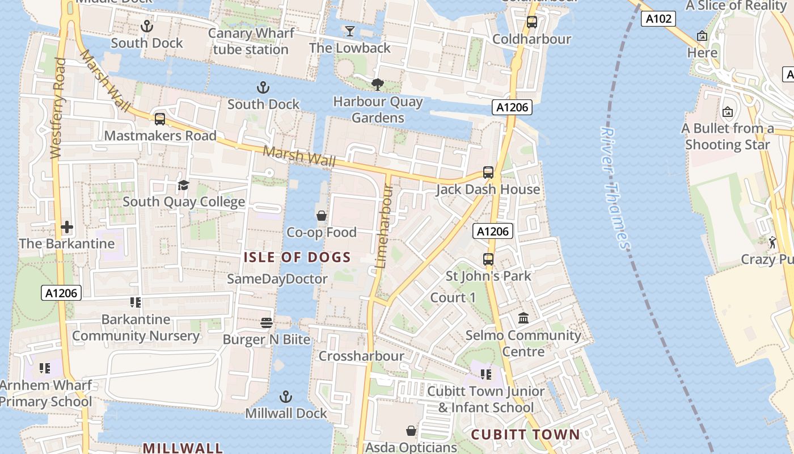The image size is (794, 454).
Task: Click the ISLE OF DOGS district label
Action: coord(297,257)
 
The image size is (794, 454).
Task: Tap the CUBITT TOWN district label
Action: coord(525,435)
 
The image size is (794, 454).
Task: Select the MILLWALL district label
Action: coord(183,448)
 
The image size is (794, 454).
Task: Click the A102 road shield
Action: coord(658,19)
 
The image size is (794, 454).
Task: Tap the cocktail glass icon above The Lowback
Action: coord(350,31)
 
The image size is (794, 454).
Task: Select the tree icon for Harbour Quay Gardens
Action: coord(378,85)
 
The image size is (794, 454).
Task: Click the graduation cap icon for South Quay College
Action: coord(183,186)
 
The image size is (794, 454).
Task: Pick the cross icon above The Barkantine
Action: coord(67,227)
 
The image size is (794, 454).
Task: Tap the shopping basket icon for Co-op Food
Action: coord(322,216)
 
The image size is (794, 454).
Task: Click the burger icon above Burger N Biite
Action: coord(267,323)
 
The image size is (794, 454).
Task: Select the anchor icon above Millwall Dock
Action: coord(286,396)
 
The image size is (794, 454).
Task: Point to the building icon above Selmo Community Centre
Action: coord(523,318)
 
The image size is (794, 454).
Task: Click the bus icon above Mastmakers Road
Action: coord(160,119)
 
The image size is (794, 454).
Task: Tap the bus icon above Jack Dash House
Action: coord(488,173)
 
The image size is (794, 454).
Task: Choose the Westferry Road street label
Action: coord(58,108)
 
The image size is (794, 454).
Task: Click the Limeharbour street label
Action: coord(384,226)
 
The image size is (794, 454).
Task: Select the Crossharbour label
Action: coord(361,356)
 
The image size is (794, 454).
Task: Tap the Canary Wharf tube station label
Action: coord(251,41)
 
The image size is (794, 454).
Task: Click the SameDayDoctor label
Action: coord(277,279)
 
